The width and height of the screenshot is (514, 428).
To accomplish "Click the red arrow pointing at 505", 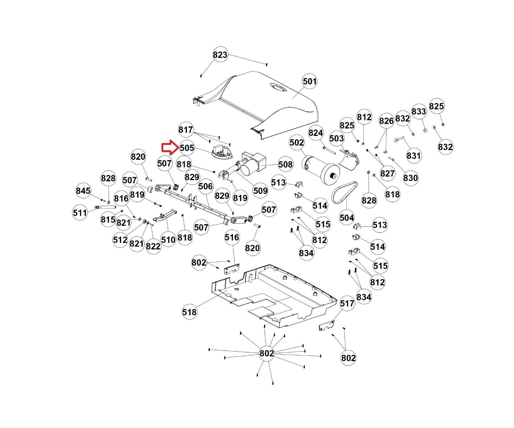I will tap(169, 148).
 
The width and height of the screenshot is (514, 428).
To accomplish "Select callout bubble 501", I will tap(310, 81).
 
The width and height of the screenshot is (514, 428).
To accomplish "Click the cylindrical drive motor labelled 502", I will tap(320, 169).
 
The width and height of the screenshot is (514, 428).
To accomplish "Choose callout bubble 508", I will tap(285, 165).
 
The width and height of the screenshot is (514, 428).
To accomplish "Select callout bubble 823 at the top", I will tap(220, 55).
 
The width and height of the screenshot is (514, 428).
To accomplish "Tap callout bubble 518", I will tap(189, 312).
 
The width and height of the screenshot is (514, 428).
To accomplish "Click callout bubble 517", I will tap(347, 303).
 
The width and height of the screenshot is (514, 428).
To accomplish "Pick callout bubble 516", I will tap(232, 237).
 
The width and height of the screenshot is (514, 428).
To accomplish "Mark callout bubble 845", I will tap(83, 191).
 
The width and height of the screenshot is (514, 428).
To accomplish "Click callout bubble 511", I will tap(80, 212).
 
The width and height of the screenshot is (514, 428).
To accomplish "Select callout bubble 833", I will tap(419, 111).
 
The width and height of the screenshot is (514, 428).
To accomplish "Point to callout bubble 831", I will tap(413, 155).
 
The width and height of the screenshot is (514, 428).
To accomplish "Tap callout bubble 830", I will tap(411, 178).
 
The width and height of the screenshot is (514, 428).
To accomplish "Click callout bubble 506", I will tap(206, 186).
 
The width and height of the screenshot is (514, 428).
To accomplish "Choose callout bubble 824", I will tap(316, 133).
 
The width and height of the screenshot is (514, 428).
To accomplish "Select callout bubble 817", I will tap(186, 130).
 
